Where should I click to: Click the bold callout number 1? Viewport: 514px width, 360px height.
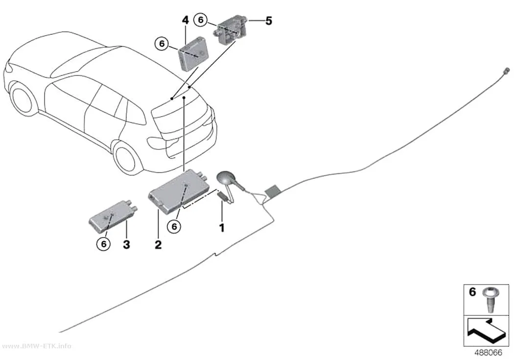pos(222,228)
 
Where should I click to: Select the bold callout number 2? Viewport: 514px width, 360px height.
pos(158,244)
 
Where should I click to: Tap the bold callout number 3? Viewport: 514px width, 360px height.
pos(126,244)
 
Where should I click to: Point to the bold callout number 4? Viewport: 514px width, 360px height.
pos(186,21)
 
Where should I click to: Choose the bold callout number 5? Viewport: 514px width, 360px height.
pos(269,21)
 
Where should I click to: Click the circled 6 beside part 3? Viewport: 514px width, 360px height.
pos(104,243)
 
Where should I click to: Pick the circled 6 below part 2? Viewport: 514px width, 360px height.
pos(174,226)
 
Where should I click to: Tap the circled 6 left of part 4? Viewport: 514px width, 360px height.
pos(162,44)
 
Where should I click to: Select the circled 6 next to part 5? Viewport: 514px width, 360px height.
pos(201,20)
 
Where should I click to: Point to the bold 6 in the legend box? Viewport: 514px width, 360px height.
pos(472,292)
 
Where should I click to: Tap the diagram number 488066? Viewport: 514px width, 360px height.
pos(489,353)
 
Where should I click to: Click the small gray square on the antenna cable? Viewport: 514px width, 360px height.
pos(272,191)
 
